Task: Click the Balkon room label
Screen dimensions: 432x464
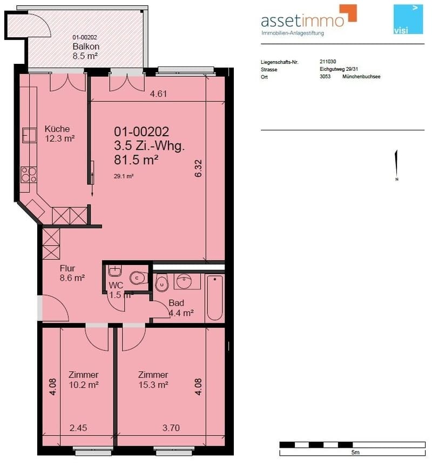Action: tap(86, 47)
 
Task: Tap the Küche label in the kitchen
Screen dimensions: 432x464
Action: tap(57, 129)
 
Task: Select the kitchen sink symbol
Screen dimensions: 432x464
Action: tap(29, 135)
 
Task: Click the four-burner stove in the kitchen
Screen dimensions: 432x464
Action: tap(29, 175)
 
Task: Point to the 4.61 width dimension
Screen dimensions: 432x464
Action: tap(158, 94)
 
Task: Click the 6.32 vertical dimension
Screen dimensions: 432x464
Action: tap(198, 168)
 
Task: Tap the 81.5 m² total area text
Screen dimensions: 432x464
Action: tap(136, 160)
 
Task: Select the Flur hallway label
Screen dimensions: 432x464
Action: tap(67, 268)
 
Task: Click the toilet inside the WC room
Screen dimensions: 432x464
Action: tap(138, 277)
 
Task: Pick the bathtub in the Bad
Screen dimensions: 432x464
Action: tap(215, 297)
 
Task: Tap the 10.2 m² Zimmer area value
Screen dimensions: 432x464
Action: tap(84, 385)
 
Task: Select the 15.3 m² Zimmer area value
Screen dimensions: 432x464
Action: tap(153, 385)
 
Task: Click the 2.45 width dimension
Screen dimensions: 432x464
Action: tap(78, 428)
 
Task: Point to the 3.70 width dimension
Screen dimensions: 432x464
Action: tap(171, 428)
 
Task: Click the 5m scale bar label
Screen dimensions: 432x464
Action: tap(355, 452)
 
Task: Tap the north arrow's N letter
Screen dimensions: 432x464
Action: tap(397, 180)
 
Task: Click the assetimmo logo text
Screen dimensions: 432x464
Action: tap(302, 21)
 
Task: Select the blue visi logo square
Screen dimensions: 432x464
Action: tap(408, 19)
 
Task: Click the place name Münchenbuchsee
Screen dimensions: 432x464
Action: tap(361, 77)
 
